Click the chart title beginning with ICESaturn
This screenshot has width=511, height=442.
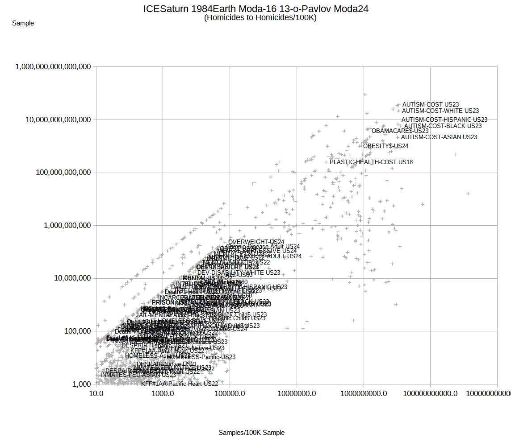[x=255, y=8]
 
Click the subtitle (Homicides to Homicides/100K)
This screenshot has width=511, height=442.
[x=260, y=18]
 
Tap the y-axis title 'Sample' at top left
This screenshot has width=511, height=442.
[x=23, y=23]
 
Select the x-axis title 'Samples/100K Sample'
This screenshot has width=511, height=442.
[x=251, y=433]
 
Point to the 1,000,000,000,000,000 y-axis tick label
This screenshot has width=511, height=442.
[x=54, y=67]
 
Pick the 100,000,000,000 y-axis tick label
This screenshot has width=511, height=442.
[x=63, y=173]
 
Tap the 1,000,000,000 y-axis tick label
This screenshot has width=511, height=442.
[x=67, y=225]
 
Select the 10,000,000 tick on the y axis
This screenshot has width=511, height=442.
[x=71, y=278]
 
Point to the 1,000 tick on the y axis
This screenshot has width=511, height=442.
[x=82, y=384]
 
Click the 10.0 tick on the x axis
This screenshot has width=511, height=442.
[x=96, y=393]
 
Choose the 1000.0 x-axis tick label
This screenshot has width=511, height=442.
[x=163, y=393]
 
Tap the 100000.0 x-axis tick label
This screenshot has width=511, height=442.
[x=230, y=393]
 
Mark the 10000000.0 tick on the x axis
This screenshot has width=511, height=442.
[x=297, y=393]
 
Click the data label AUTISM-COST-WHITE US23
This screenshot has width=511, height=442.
[x=440, y=111]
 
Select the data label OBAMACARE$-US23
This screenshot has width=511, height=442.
[x=400, y=131]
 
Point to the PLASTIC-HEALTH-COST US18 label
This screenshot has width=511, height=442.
[x=371, y=162]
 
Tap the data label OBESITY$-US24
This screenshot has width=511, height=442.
[x=385, y=146]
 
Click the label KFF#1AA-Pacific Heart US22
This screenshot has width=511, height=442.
[x=180, y=384]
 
